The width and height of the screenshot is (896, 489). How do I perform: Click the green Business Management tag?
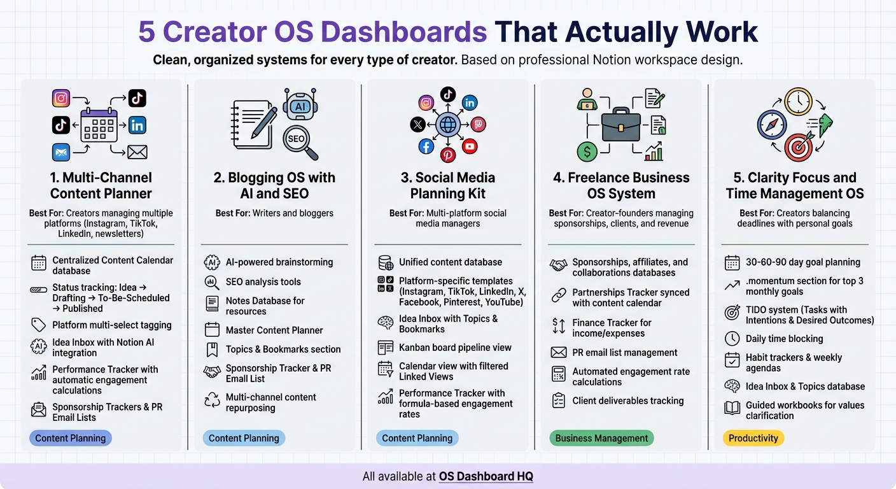tap(601, 438)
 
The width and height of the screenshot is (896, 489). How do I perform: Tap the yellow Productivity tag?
tap(753, 438)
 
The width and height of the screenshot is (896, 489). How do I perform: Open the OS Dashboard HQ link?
tap(486, 476)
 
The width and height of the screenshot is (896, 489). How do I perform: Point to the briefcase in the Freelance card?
tap(621, 125)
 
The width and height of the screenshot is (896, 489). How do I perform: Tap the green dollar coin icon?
tap(587, 152)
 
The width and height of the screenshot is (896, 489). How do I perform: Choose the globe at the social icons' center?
tap(448, 124)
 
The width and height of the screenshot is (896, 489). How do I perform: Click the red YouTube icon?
tap(470, 146)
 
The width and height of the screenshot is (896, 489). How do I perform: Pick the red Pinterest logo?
tap(448, 155)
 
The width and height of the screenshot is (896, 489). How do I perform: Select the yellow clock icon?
tap(797, 102)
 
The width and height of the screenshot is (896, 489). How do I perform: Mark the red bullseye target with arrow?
tap(799, 147)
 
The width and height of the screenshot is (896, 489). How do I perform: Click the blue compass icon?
tap(771, 124)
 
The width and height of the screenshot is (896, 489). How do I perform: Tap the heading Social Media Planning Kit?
tap(448, 185)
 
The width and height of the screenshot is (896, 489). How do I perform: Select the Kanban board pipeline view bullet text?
tap(455, 348)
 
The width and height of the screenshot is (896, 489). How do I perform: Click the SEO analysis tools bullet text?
tap(263, 281)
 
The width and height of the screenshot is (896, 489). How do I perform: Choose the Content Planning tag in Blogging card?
tap(244, 438)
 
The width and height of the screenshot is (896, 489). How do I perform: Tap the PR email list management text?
tap(624, 353)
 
